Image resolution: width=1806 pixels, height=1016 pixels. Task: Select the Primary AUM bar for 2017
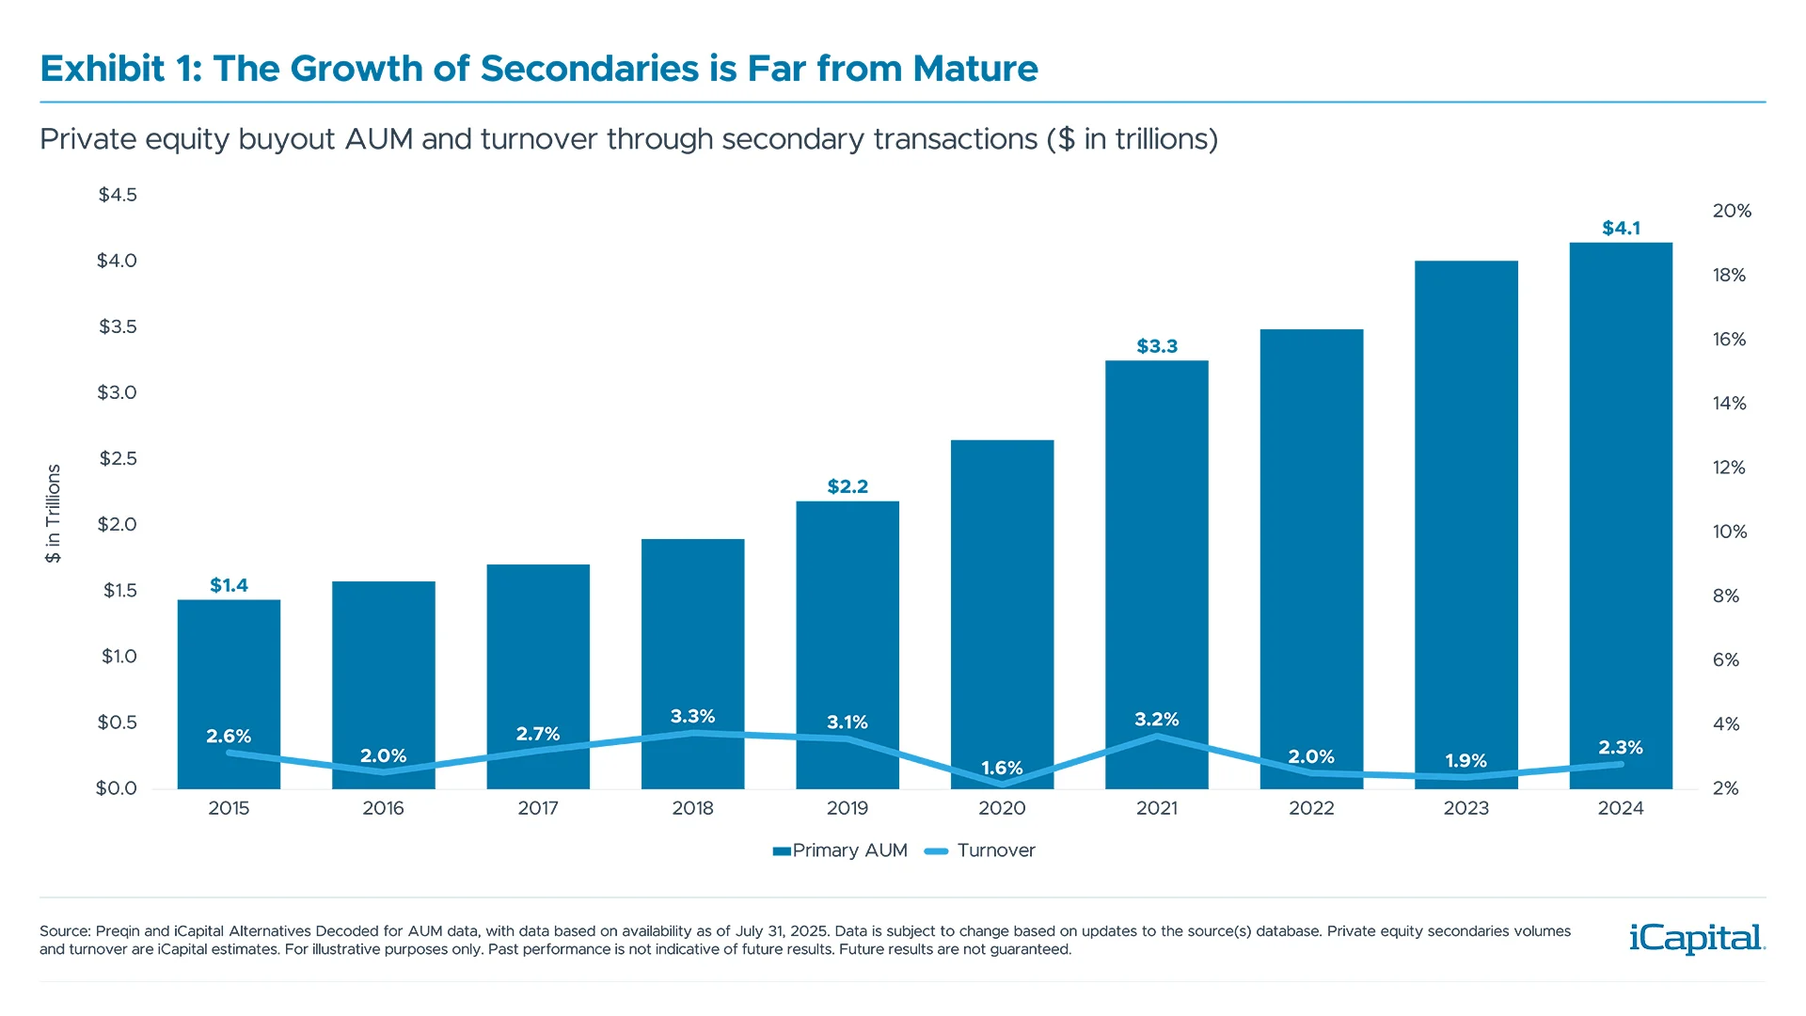(x=538, y=659)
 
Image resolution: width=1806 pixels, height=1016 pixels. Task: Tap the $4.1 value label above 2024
(x=1621, y=229)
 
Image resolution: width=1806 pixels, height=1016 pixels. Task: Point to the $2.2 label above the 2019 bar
(x=848, y=486)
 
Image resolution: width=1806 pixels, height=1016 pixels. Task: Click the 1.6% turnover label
(x=1002, y=768)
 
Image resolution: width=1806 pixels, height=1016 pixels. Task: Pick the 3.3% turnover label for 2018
(x=692, y=717)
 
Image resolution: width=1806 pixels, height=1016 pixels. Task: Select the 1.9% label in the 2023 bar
(x=1465, y=760)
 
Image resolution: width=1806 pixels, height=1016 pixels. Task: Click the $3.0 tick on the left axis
(x=117, y=392)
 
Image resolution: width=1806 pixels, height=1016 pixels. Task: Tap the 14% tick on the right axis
(x=1729, y=404)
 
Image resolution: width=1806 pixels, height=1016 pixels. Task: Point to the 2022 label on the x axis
(x=1311, y=808)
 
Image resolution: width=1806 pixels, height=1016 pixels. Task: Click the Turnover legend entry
(x=995, y=850)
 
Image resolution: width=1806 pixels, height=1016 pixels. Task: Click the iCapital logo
(x=1696, y=938)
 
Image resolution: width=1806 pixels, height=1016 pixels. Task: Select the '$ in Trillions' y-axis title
(x=54, y=514)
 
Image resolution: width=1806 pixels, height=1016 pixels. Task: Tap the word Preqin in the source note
(x=118, y=931)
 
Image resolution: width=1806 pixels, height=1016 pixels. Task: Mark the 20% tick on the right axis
(x=1731, y=211)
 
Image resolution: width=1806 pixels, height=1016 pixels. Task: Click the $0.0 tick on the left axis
(x=116, y=788)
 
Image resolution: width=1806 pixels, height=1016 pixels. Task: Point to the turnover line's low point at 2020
(x=1003, y=784)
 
